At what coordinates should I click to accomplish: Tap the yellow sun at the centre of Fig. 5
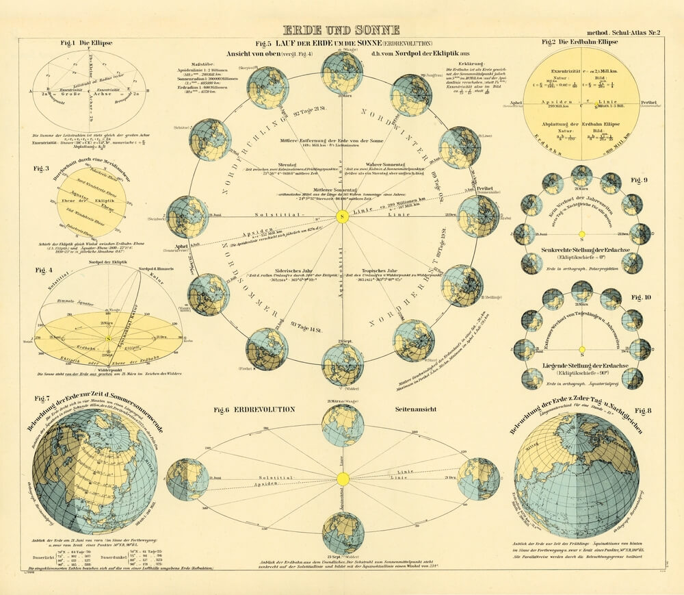pyautogui.click(x=343, y=216)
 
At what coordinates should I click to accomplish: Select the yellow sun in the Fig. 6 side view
pyautogui.click(x=343, y=478)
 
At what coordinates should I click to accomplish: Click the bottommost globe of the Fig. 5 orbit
pyautogui.click(x=343, y=364)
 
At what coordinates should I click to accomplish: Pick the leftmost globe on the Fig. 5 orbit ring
pyautogui.click(x=187, y=216)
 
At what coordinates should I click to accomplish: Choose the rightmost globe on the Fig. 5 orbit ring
pyautogui.click(x=478, y=216)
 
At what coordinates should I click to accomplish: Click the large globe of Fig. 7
pyautogui.click(x=94, y=472)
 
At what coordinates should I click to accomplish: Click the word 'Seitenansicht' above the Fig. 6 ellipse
pyautogui.click(x=417, y=409)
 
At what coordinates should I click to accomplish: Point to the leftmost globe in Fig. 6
pyautogui.click(x=187, y=479)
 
